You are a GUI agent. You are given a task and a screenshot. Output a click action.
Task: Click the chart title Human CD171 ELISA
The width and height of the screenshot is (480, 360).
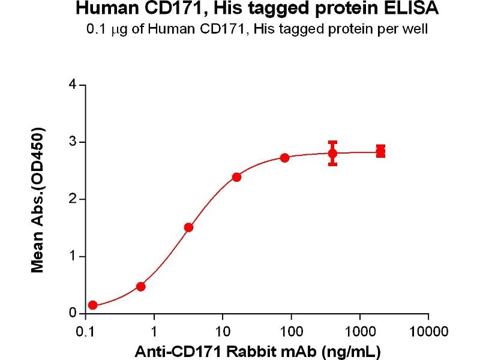tap(257, 9)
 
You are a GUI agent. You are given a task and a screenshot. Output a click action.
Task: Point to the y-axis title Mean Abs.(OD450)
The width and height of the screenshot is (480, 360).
tap(38, 200)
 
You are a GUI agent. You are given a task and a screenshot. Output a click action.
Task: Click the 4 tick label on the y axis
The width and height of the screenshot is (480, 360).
tap(73, 85)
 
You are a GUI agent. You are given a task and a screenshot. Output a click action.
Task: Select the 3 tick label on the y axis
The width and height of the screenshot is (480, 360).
tap(73, 142)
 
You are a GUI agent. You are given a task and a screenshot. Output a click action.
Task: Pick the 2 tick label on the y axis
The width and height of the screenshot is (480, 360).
tap(73, 199)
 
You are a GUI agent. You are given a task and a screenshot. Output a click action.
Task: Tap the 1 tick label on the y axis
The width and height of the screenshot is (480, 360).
tap(73, 256)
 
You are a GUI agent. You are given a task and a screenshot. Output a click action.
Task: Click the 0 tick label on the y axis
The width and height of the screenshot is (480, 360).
tap(73, 313)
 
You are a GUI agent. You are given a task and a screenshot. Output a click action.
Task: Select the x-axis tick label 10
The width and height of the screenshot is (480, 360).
tap(223, 331)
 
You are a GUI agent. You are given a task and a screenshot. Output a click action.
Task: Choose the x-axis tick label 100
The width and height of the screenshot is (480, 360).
tap(291, 331)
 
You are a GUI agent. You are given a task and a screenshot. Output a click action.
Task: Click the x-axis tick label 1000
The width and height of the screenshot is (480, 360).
tap(359, 331)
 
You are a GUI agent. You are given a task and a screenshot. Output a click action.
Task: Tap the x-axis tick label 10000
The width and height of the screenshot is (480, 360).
tap(428, 331)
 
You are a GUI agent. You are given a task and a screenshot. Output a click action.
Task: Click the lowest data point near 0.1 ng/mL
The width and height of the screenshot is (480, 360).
tap(92, 305)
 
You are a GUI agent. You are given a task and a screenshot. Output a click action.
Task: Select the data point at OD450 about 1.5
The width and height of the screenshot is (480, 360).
tap(188, 227)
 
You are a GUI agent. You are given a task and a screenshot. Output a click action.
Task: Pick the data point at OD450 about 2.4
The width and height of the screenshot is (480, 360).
tap(236, 177)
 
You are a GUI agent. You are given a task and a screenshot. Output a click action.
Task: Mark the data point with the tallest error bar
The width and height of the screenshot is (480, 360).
tap(332, 153)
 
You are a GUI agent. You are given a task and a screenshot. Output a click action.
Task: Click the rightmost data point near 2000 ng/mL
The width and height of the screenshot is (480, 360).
tap(380, 151)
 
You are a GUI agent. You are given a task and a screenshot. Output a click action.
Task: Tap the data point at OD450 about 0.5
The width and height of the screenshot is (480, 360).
tap(140, 286)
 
